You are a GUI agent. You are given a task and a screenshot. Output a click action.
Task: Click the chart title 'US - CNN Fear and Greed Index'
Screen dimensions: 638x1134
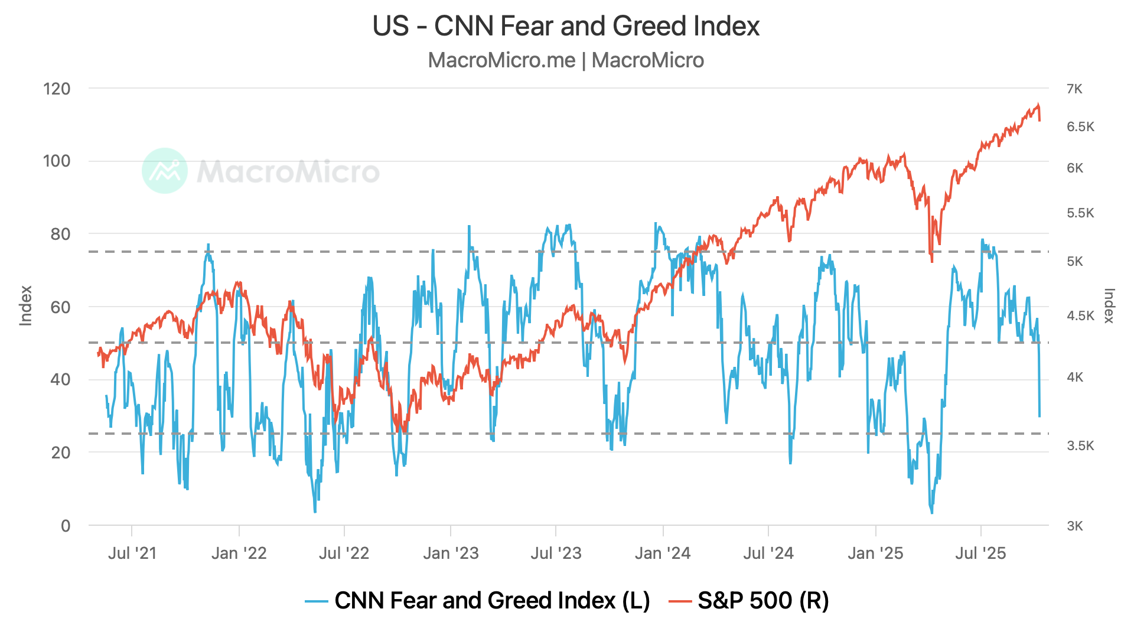(566, 27)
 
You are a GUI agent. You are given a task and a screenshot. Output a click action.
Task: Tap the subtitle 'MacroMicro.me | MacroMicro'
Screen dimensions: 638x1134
(566, 60)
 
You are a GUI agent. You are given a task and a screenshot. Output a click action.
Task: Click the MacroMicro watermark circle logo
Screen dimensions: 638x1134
(165, 171)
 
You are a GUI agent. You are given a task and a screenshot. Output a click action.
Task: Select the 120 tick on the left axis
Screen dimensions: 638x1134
(57, 89)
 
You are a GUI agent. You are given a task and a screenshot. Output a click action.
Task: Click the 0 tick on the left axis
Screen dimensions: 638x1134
(66, 526)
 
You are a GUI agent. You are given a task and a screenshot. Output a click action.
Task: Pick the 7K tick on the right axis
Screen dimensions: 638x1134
(1074, 89)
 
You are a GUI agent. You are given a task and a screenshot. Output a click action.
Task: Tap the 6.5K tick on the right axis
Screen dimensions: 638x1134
(1080, 127)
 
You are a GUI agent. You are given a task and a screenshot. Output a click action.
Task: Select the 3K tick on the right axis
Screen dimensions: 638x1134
(1074, 526)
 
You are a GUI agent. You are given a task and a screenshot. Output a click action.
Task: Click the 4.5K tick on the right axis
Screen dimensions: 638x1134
(1080, 316)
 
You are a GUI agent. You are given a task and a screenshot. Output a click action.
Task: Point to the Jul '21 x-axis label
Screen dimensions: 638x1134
(132, 554)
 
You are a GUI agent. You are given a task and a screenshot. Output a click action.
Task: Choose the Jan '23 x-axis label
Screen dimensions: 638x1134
(451, 554)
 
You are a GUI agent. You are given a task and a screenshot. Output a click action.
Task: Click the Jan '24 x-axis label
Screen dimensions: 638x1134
(663, 554)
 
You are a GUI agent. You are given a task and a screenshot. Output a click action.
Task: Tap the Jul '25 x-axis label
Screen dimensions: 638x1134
(980, 554)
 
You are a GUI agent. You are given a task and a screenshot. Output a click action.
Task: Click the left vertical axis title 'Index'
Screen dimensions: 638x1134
(26, 306)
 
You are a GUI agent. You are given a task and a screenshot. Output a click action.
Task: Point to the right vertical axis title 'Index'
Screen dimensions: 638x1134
(1109, 306)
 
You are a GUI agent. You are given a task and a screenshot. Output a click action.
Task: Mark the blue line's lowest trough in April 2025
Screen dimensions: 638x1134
(932, 512)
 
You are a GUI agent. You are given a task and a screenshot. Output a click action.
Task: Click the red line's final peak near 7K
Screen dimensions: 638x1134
(1038, 105)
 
